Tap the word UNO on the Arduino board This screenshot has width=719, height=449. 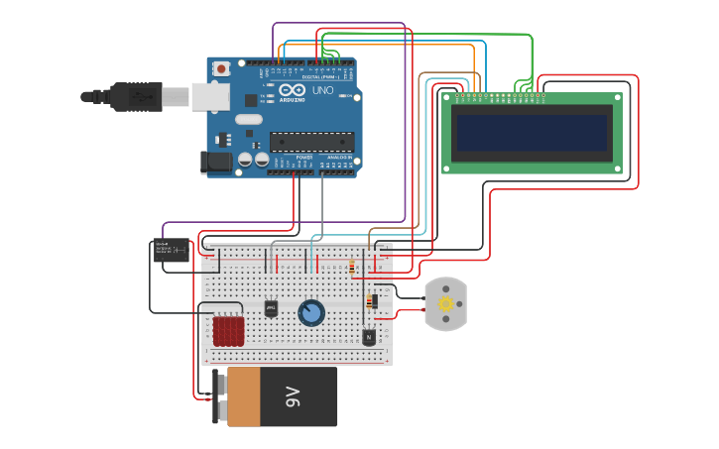[323, 90]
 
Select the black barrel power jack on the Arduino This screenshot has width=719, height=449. [216, 163]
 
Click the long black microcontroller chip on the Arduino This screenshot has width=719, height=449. [310, 142]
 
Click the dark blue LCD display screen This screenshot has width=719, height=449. [531, 132]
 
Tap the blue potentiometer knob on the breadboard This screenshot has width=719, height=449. [311, 313]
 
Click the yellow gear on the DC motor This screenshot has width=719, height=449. [446, 303]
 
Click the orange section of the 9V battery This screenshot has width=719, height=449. [245, 397]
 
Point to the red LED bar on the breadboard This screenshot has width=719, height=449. [229, 331]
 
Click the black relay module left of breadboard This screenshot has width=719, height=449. [171, 251]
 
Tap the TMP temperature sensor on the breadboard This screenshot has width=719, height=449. [271, 308]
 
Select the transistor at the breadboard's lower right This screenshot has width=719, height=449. [369, 337]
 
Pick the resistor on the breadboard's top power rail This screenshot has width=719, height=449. [352, 267]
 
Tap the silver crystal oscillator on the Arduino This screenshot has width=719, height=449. [248, 120]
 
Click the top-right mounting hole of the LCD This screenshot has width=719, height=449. [617, 99]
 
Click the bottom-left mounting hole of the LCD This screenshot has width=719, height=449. [447, 168]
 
